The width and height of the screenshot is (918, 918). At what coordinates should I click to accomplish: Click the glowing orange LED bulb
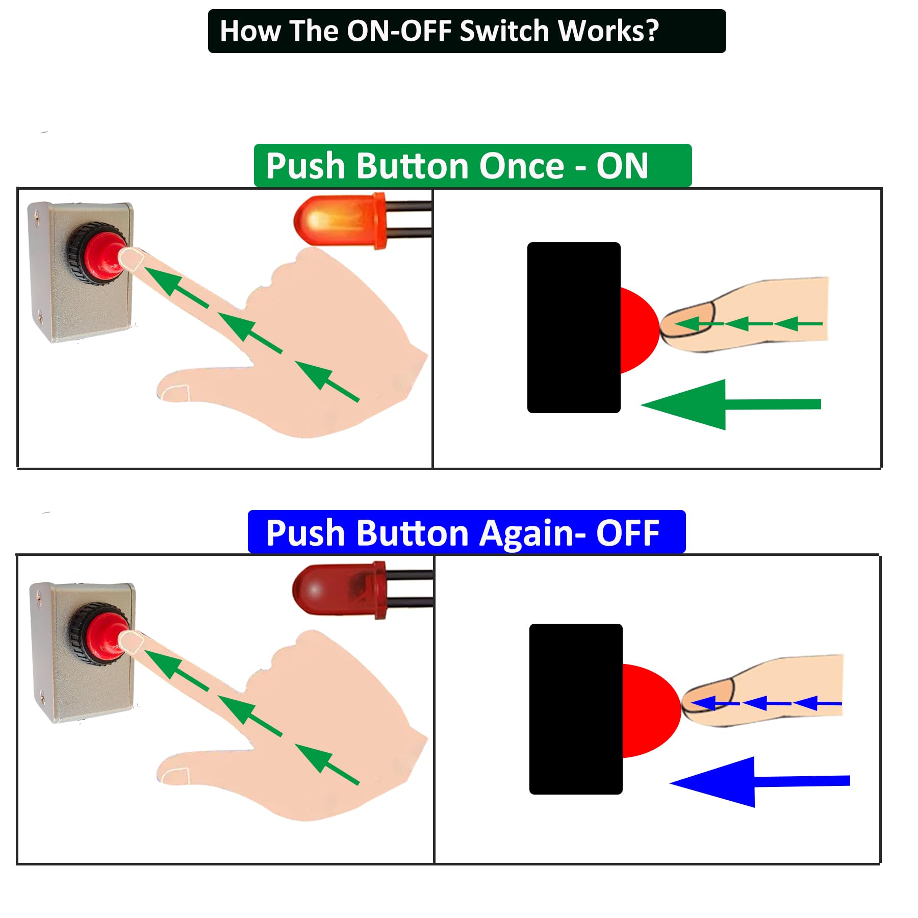click(337, 221)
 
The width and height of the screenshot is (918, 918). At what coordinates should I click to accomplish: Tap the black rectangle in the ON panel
click(574, 327)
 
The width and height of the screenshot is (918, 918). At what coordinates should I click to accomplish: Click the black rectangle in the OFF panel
click(576, 708)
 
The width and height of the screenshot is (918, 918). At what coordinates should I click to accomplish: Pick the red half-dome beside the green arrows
click(639, 329)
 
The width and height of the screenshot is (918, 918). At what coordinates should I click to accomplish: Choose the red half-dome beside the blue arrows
click(650, 710)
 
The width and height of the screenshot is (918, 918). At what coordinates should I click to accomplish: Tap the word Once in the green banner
click(521, 166)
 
